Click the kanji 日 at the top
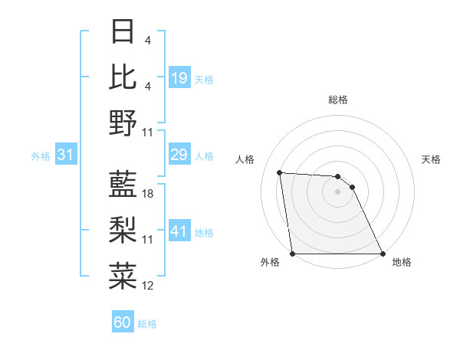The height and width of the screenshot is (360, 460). pos(123,31)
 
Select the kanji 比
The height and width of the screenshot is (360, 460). pos(123,77)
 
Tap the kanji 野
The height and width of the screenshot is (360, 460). pos(123,122)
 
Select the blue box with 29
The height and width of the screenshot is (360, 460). pos(179,155)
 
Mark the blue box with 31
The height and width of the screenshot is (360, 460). pos(66,155)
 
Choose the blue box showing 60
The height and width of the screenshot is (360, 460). pos(123,322)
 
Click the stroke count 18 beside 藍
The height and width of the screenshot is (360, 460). pos(149,195)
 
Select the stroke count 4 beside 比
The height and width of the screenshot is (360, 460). pos(148,87)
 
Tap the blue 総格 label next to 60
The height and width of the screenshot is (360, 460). pos(148,324)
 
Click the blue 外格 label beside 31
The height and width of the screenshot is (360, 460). pos(41,156)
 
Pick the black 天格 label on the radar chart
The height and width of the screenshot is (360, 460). pos(432,159)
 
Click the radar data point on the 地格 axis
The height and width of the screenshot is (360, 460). pos(383,254)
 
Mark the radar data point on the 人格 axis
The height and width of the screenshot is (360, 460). pos(280,172)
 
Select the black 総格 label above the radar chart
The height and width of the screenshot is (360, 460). pos(338,100)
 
